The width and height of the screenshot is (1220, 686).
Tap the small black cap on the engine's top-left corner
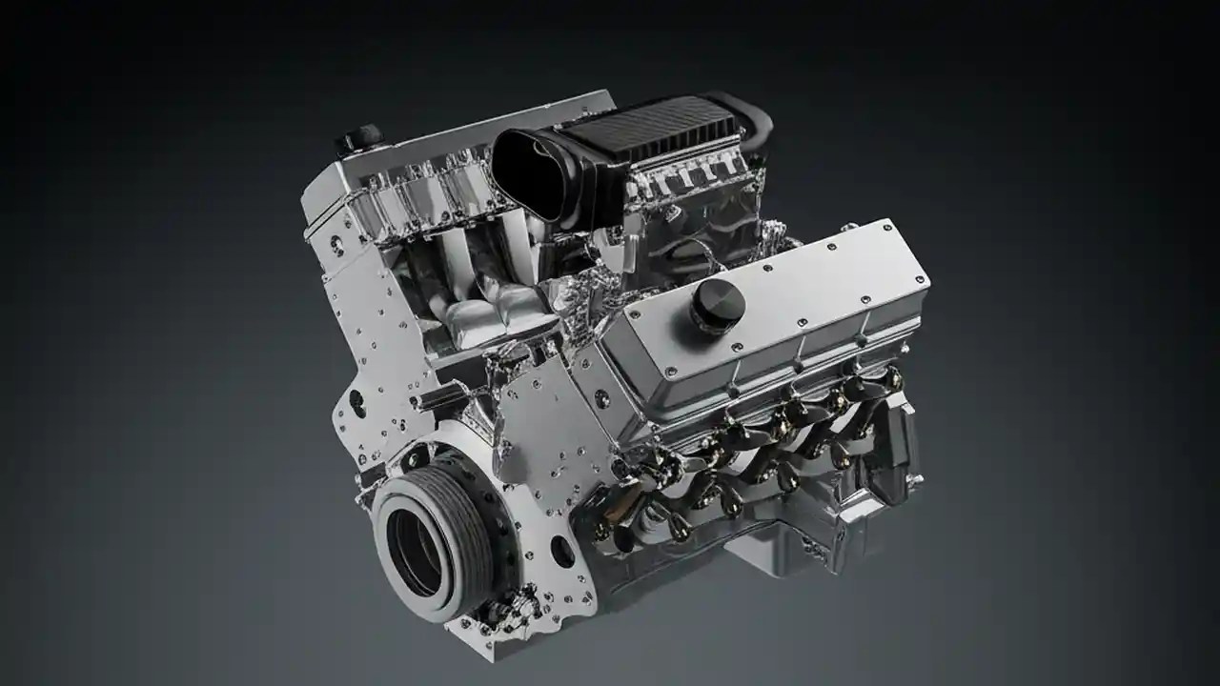click(x=358, y=138)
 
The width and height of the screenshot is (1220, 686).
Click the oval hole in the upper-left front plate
click(x=356, y=400)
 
